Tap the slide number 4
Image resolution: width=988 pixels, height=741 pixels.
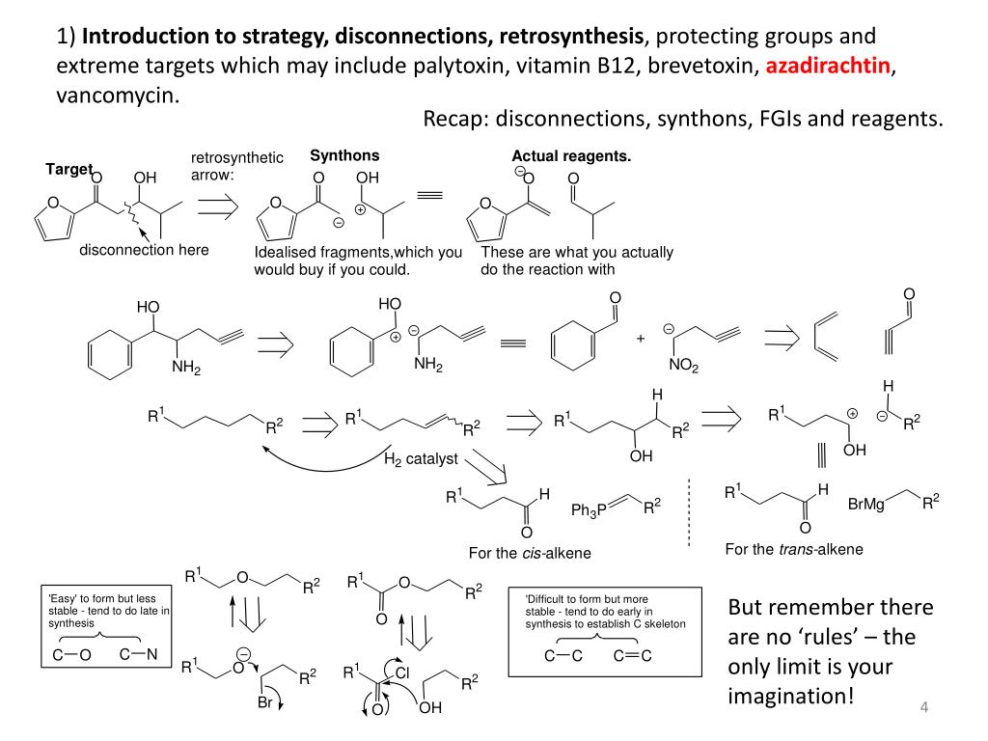click(923, 710)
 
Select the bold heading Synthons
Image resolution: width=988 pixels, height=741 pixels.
click(344, 155)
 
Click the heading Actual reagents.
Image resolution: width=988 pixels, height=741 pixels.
click(571, 156)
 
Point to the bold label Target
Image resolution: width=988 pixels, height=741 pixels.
click(69, 169)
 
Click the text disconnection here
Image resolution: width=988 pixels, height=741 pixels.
click(144, 250)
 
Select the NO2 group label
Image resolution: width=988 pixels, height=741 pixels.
click(684, 366)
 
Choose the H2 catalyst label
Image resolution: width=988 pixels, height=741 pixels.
click(421, 459)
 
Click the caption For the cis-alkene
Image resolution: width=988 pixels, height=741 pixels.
click(530, 553)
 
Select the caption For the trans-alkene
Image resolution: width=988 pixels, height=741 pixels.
click(794, 549)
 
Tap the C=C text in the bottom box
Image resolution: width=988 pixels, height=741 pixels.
click(633, 656)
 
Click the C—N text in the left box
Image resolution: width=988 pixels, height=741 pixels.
click(139, 655)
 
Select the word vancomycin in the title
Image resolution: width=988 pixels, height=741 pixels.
click(117, 96)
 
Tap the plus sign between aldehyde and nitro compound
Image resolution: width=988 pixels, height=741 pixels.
click(640, 338)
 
